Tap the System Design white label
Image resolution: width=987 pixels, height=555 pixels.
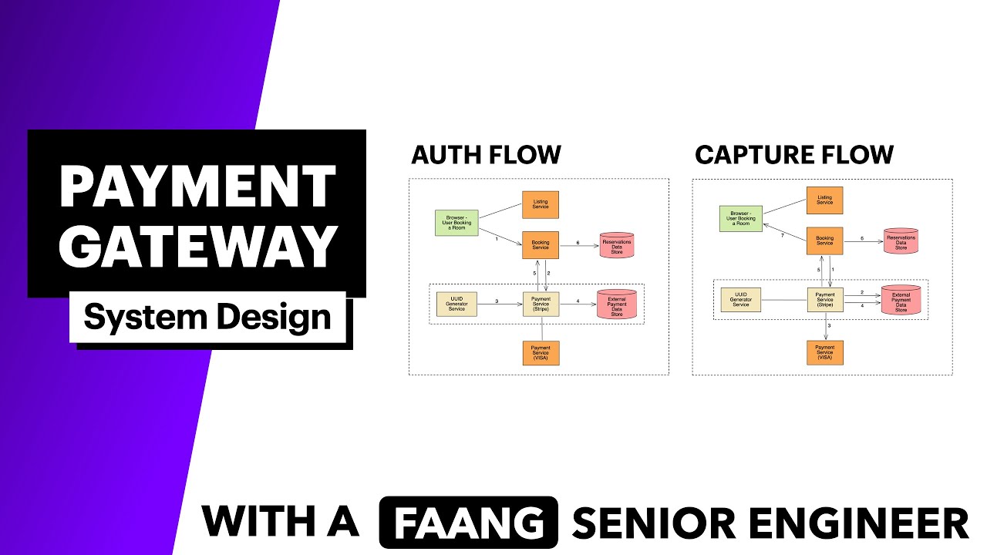click(207, 317)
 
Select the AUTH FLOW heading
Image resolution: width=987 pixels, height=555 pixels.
click(486, 155)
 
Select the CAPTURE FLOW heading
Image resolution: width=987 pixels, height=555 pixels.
click(793, 155)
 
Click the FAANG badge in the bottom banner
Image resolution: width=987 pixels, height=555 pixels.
click(468, 522)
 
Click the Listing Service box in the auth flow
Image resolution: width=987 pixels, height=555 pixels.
click(541, 205)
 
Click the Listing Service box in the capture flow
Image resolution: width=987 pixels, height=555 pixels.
click(824, 200)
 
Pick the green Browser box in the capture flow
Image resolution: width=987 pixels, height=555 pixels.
click(740, 219)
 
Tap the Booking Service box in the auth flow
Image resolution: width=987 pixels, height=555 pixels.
click(541, 245)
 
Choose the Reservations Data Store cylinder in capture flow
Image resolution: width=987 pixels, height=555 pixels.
click(901, 241)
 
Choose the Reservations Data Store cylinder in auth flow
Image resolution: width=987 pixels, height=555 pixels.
click(617, 246)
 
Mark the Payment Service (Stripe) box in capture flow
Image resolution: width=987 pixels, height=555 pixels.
click(824, 300)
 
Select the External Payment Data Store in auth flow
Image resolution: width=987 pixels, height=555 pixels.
click(617, 305)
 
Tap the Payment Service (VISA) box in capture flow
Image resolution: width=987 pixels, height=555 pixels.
click(824, 353)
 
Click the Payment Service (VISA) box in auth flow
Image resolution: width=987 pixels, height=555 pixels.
click(541, 353)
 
